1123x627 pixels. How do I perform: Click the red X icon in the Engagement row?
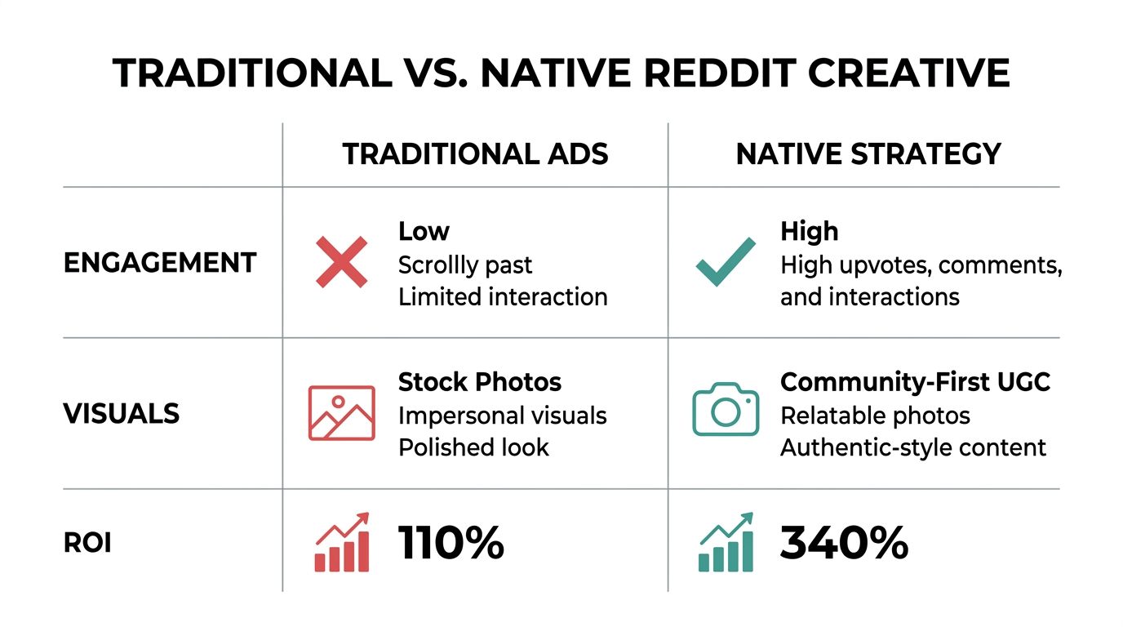pyautogui.click(x=341, y=261)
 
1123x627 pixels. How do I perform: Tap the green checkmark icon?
pyautogui.click(x=725, y=261)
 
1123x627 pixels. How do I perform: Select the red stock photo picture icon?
pyautogui.click(x=341, y=413)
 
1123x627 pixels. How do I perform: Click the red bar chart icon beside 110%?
pyautogui.click(x=342, y=542)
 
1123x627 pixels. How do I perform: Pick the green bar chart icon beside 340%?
pyautogui.click(x=726, y=542)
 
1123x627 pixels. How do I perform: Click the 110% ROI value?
pyautogui.click(x=451, y=543)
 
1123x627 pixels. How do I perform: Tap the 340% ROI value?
pyautogui.click(x=844, y=543)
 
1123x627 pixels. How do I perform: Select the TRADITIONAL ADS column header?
pyautogui.click(x=475, y=154)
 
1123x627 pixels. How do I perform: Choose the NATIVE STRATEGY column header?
pyautogui.click(x=868, y=154)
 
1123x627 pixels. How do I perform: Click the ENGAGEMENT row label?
pyautogui.click(x=160, y=263)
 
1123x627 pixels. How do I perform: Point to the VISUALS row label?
pyautogui.click(x=122, y=413)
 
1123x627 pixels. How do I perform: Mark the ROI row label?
pyautogui.click(x=87, y=543)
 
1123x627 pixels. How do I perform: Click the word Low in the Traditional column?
pyautogui.click(x=424, y=232)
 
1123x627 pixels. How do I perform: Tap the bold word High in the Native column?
pyautogui.click(x=809, y=232)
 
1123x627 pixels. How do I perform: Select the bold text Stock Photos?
pyautogui.click(x=480, y=382)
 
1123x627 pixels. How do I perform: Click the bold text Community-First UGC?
pyautogui.click(x=915, y=382)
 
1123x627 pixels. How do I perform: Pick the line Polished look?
pyautogui.click(x=473, y=447)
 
